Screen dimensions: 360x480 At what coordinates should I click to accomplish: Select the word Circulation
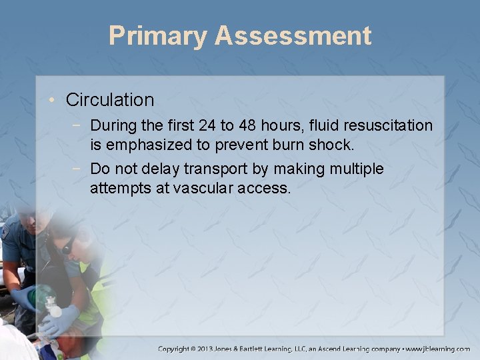click(110, 100)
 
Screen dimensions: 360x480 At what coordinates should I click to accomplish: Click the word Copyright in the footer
click(181, 349)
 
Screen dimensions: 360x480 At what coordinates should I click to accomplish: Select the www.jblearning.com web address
click(438, 349)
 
